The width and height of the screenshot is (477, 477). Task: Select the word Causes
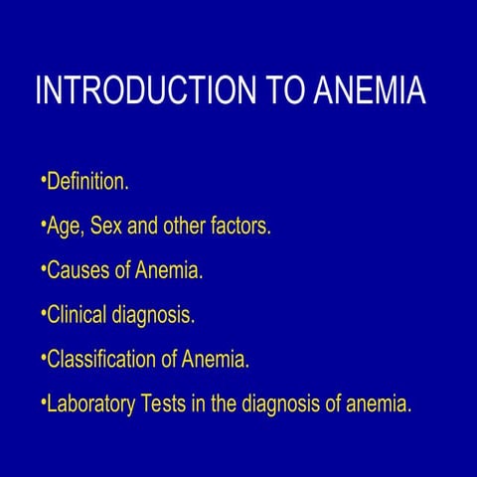(78, 271)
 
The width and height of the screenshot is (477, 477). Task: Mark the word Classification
(102, 360)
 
